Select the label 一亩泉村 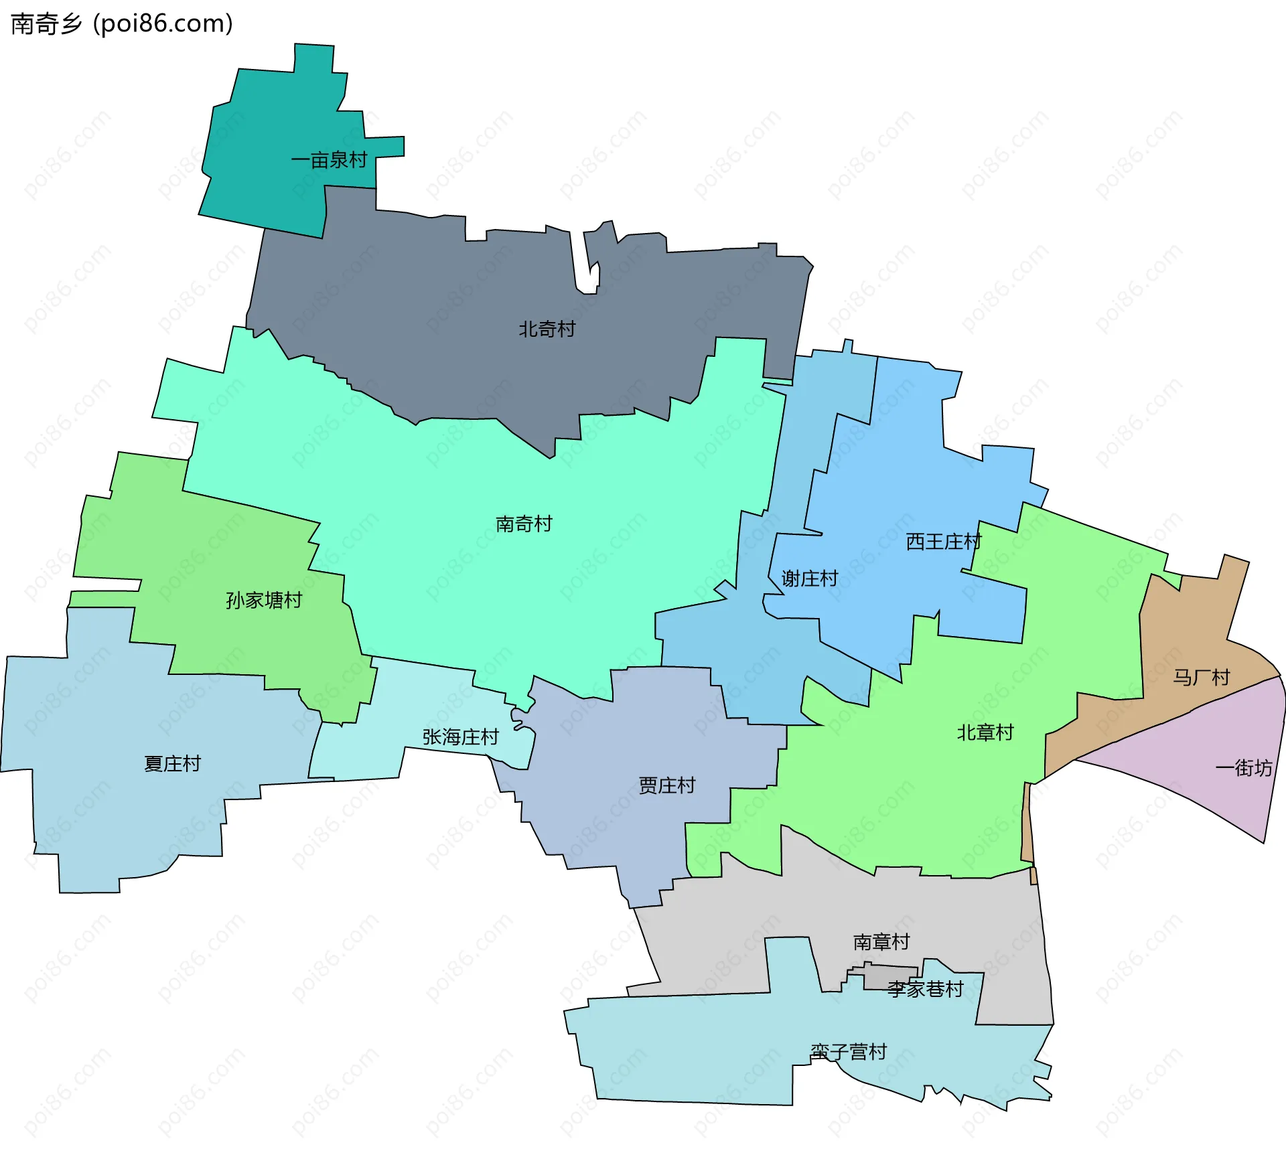coord(329,160)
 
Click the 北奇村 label coord(547,329)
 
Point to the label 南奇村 coord(524,524)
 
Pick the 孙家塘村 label coord(264,601)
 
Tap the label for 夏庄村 coord(172,764)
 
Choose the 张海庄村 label coord(460,737)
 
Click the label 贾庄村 coord(667,785)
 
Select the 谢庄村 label coord(810,579)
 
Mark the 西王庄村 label coord(943,542)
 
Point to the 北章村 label coord(985,733)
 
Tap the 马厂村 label coord(1201,678)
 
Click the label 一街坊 coord(1243,768)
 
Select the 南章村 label coord(881,942)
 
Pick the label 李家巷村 coord(925,989)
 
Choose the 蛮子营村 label coord(848,1052)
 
